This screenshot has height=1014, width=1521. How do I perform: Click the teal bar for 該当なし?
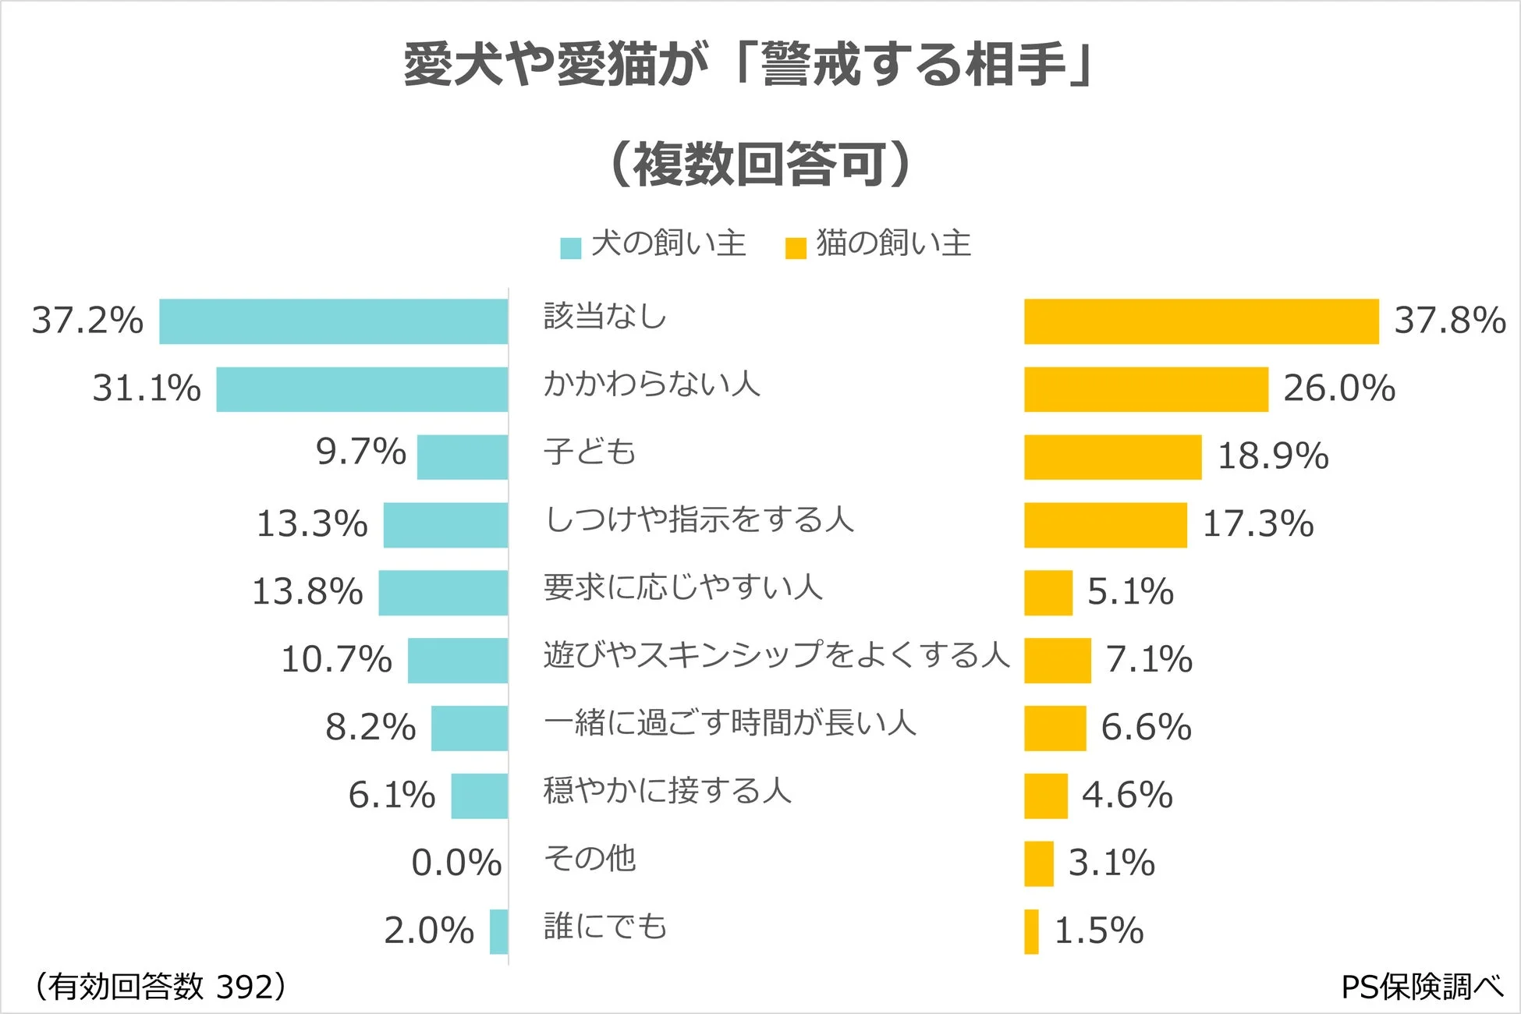pyautogui.click(x=334, y=321)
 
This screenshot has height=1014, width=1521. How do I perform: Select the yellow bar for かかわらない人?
pyautogui.click(x=1146, y=389)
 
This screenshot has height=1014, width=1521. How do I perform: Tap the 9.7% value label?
pyautogui.click(x=360, y=452)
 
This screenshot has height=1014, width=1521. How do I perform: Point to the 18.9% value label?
pyautogui.click(x=1273, y=456)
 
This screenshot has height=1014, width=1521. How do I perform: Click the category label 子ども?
pyautogui.click(x=590, y=452)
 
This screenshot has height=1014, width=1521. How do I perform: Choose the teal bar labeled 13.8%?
pyautogui.click(x=443, y=593)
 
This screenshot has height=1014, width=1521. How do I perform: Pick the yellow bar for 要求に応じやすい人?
pyautogui.click(x=1048, y=593)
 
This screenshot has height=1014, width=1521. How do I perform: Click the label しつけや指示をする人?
pyautogui.click(x=699, y=519)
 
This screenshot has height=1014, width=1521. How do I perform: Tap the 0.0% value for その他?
pyautogui.click(x=456, y=863)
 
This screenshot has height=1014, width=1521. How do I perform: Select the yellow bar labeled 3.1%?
pyautogui.click(x=1038, y=863)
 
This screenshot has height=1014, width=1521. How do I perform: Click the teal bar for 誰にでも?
pyautogui.click(x=498, y=931)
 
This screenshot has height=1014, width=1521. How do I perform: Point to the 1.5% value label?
pyautogui.click(x=1098, y=931)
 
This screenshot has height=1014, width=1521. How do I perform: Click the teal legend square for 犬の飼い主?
pyautogui.click(x=571, y=248)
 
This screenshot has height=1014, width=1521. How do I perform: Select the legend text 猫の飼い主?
pyautogui.click(x=893, y=243)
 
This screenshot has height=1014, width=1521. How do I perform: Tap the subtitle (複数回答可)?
pyautogui.click(x=760, y=165)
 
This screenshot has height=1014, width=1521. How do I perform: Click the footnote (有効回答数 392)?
pyautogui.click(x=159, y=987)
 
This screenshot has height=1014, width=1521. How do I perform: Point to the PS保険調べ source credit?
pyautogui.click(x=1421, y=987)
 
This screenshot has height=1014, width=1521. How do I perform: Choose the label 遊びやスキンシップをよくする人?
pyautogui.click(x=777, y=655)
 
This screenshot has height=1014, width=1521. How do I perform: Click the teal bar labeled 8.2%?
pyautogui.click(x=470, y=729)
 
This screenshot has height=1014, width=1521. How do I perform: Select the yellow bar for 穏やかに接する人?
pyautogui.click(x=1045, y=796)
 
